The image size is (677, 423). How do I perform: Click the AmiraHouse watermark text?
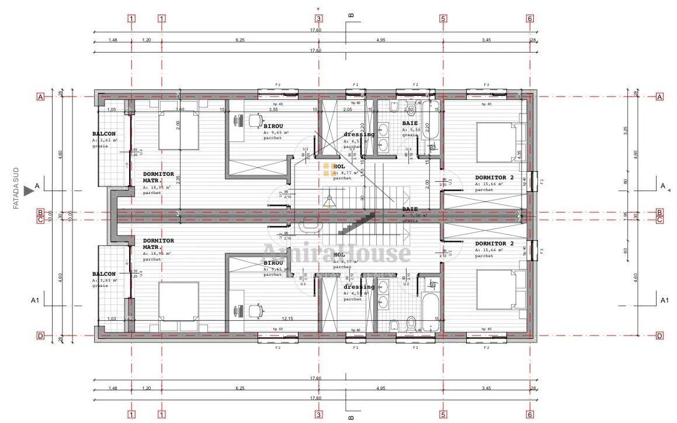tap(336, 253)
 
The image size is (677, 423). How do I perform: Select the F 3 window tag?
tap(541, 251)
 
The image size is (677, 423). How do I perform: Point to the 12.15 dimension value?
tap(287, 318)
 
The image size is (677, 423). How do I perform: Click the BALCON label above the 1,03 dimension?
tap(103, 274)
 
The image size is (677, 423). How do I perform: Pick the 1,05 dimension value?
tap(112, 109)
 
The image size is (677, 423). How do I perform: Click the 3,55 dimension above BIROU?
tap(273, 109)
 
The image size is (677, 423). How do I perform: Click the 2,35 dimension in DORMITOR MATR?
tap(179, 181)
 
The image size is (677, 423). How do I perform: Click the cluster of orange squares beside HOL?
tap(327, 170)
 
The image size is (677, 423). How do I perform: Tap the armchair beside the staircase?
tap(308, 224)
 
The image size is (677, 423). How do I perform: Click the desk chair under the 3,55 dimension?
tap(255, 120)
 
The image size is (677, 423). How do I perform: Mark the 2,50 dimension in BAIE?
tap(409, 109)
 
